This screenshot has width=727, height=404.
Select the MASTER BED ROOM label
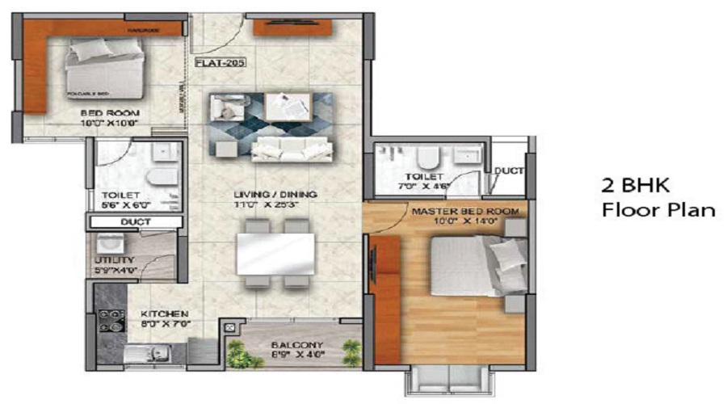pyautogui.click(x=465, y=212)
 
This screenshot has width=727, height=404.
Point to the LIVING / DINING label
pyautogui.click(x=275, y=195)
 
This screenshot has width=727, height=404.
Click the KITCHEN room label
pyautogui.click(x=164, y=314)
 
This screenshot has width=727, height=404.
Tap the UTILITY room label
pyautogui.click(x=113, y=260)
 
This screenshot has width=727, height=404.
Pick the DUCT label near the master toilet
pyautogui.click(x=509, y=171)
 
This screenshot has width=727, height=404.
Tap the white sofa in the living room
pyautogui.click(x=288, y=148)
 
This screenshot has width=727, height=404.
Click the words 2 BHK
pyautogui.click(x=636, y=185)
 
